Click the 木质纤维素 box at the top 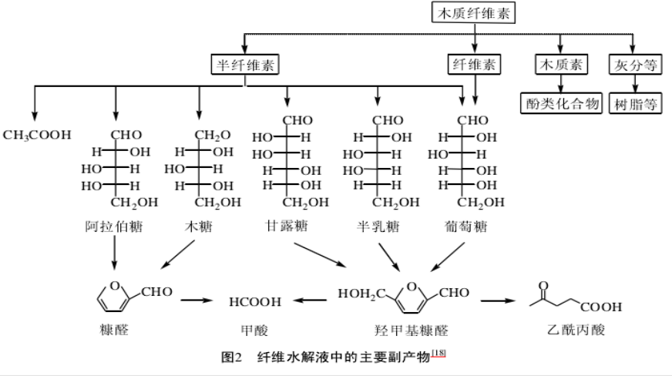[472, 13]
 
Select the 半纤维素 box [246, 65]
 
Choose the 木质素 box [559, 65]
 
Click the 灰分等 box [635, 65]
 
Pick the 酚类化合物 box [559, 104]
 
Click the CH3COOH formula [37, 135]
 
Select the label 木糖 [199, 227]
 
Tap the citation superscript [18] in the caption [438, 353]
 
